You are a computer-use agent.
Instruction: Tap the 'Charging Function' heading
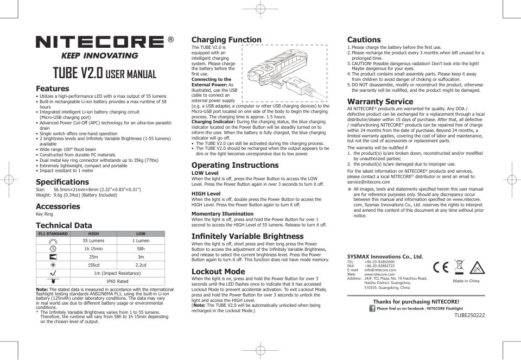226,40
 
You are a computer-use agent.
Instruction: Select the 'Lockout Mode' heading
218,271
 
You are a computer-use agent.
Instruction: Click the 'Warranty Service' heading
380,102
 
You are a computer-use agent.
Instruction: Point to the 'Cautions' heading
364,40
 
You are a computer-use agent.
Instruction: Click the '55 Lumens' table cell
93,241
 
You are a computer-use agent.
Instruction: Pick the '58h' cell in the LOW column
141,249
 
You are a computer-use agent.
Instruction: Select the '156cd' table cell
93,265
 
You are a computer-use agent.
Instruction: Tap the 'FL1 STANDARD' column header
53,233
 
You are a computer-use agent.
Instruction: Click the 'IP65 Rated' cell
117,281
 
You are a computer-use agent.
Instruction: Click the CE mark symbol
440,267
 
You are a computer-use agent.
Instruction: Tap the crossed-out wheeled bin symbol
459,267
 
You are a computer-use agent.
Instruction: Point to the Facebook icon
372,308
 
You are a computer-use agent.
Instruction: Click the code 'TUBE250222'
469,315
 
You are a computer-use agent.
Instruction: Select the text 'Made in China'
466,281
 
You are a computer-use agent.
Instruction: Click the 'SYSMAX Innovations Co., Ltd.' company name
385,256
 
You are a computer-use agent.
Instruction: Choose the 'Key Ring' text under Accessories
45,214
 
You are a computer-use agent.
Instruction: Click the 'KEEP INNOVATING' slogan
99,56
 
